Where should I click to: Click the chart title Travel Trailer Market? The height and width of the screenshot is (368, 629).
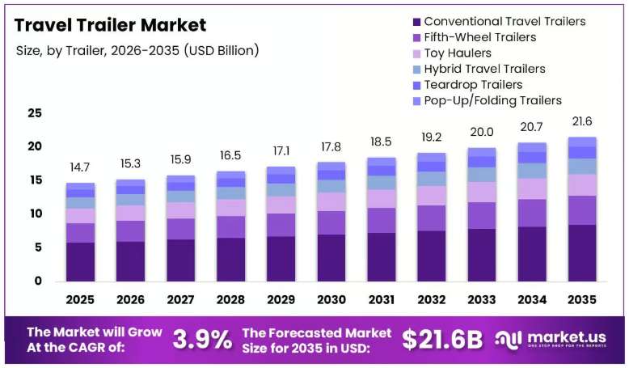110,25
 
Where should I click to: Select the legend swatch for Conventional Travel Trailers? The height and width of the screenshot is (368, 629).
417,22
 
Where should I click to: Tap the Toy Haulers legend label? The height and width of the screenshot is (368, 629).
458,53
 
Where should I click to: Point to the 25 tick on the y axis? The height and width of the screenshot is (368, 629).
35,113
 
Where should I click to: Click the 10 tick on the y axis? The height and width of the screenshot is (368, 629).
36,214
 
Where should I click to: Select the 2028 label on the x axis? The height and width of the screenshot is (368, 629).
230,299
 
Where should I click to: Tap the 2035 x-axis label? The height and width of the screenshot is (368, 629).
581,299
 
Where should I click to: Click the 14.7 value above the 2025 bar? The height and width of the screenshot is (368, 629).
80,167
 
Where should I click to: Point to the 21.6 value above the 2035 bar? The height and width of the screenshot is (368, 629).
582,121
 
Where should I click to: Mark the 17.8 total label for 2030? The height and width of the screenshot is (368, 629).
331,147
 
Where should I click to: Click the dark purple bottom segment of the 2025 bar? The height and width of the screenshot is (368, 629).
80,262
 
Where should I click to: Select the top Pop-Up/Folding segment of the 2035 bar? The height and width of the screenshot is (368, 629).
582,142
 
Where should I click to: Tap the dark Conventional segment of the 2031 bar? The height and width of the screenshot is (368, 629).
382,257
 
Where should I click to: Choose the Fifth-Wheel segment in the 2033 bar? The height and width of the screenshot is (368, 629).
482,215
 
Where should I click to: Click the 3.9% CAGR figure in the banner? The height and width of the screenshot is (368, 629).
202,340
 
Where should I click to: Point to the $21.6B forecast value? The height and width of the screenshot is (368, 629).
442,340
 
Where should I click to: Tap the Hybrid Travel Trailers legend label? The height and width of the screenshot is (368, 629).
484,69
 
